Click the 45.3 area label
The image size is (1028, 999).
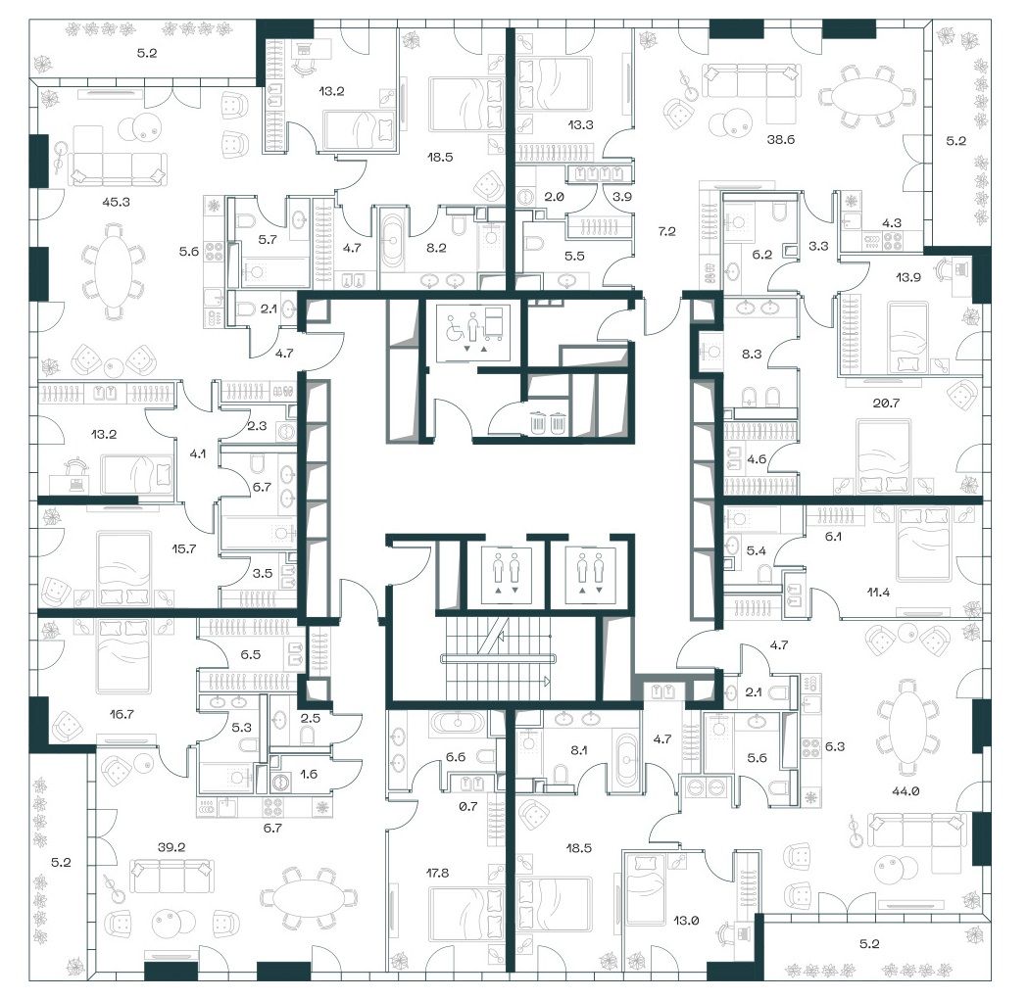[116, 202]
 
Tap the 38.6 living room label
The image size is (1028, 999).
[781, 139]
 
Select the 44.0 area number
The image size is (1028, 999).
[906, 791]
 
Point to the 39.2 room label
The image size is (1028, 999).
[171, 847]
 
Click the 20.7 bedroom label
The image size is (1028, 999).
[886, 403]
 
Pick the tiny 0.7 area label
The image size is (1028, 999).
[468, 806]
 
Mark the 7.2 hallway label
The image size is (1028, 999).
[666, 231]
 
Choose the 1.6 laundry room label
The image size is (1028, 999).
[309, 774]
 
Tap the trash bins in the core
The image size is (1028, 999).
[548, 422]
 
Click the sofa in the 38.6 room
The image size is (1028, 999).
[752, 81]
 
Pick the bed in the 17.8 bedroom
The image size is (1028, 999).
[466, 913]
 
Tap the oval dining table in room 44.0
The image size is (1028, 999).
[909, 726]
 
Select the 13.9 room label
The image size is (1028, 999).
[908, 277]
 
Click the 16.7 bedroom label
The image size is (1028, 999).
[122, 714]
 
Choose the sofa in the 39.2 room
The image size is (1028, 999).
[171, 877]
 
